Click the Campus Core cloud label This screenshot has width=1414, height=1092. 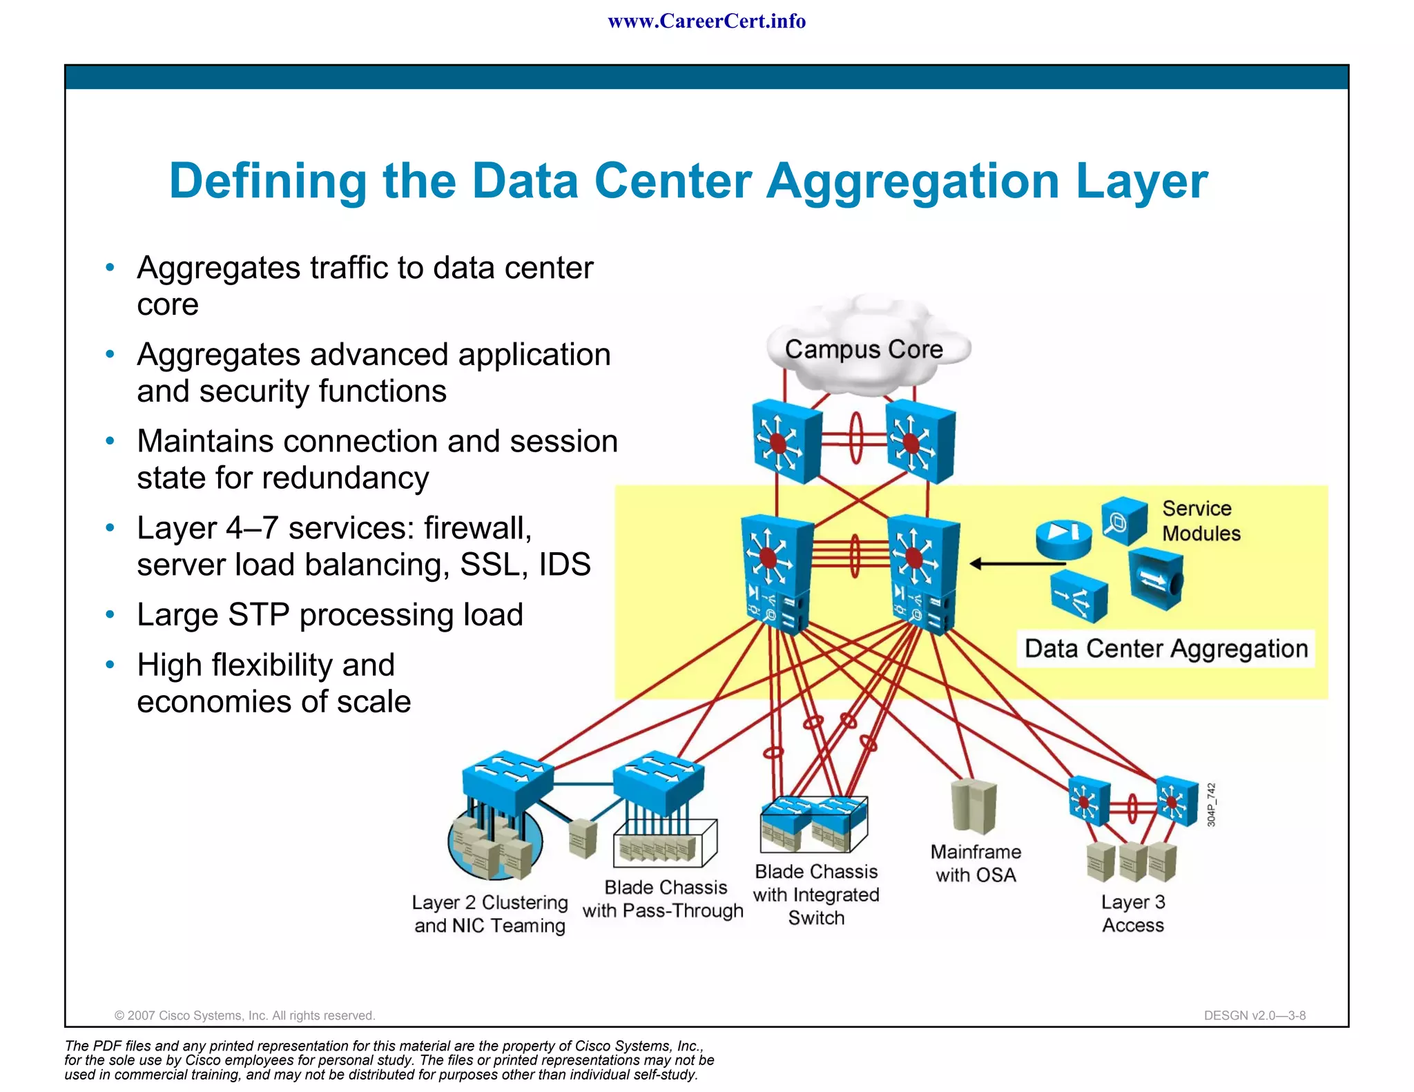(863, 349)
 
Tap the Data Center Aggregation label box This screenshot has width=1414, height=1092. (1165, 649)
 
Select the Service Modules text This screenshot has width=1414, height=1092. (1200, 521)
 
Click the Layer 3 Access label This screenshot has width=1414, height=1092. (1132, 913)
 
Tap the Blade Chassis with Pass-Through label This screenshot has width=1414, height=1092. (664, 899)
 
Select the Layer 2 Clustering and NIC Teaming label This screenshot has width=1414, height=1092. (490, 914)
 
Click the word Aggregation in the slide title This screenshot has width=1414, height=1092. (913, 181)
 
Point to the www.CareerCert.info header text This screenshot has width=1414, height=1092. (706, 21)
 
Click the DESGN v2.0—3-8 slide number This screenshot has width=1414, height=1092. (1254, 1015)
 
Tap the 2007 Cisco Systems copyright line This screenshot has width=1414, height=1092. (244, 1015)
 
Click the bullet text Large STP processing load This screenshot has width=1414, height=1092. (330, 614)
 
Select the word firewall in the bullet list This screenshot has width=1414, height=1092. (477, 528)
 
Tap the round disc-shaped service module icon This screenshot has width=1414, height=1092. (1063, 539)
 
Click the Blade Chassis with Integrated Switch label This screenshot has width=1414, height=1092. (816, 895)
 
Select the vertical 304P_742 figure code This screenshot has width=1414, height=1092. (1211, 804)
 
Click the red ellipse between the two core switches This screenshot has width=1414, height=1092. (855, 438)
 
